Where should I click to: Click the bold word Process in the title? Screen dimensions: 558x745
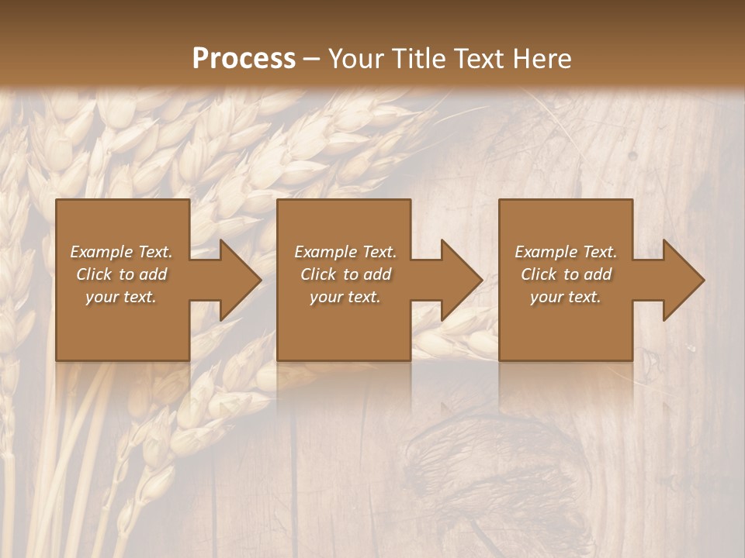[x=244, y=59]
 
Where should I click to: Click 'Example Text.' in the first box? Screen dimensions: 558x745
[x=122, y=252]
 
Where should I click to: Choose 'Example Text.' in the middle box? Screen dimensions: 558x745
[x=345, y=252]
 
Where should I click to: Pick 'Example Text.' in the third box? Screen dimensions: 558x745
[x=566, y=252]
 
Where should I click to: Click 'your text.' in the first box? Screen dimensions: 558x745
[x=121, y=297]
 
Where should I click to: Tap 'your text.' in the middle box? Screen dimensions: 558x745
[x=345, y=297]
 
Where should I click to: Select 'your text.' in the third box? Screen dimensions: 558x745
[x=565, y=297]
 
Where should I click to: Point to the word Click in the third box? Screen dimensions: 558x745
[x=539, y=274]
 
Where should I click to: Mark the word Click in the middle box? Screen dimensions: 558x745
[x=318, y=274]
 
